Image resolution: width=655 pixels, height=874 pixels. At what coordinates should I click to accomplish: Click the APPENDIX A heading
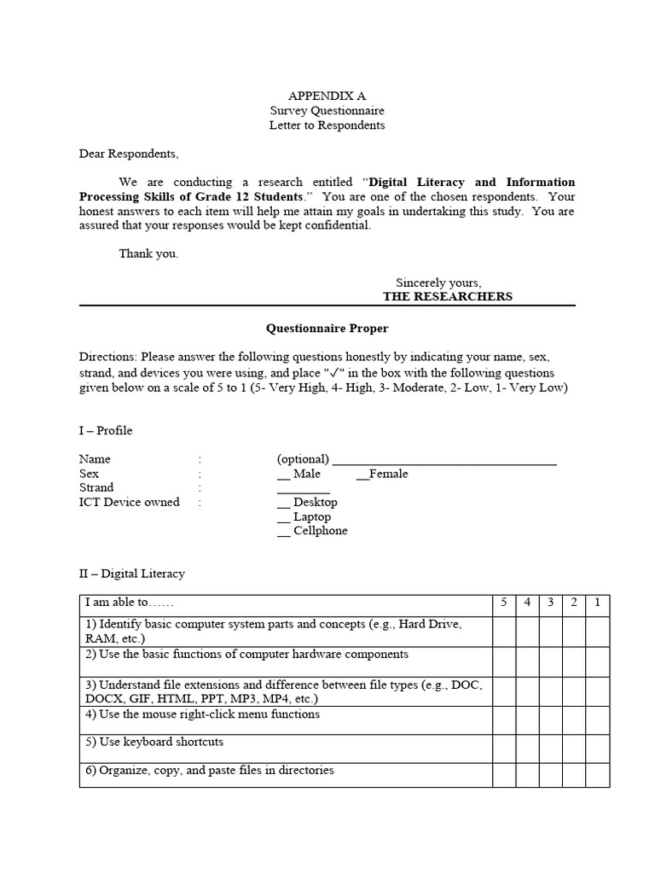click(x=327, y=96)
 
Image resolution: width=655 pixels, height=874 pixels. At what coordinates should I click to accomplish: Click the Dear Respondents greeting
click(x=130, y=154)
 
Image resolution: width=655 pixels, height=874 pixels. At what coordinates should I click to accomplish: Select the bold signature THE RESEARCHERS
click(x=447, y=296)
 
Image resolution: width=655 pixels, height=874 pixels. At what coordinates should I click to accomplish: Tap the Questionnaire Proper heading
click(x=327, y=328)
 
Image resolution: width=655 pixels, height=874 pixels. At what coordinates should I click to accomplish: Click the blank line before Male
click(x=283, y=475)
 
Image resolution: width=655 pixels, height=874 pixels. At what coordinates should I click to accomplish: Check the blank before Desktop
click(x=283, y=504)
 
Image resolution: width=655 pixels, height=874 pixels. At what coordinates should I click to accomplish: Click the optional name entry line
click(x=443, y=460)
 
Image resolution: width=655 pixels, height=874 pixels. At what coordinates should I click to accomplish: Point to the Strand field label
click(x=96, y=487)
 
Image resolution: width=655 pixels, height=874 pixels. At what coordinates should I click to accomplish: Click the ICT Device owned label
click(x=129, y=502)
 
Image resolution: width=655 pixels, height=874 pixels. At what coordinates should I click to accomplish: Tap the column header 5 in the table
click(x=504, y=603)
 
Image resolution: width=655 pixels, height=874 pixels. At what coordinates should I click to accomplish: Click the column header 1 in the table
click(x=597, y=603)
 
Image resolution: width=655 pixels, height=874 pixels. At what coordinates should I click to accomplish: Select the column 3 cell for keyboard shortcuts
click(x=551, y=749)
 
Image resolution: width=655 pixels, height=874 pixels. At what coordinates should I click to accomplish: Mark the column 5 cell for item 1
click(x=504, y=632)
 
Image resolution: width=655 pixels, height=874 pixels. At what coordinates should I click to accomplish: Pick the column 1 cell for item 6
click(x=597, y=776)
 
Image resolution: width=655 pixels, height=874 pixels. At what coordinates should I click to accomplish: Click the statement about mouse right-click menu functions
click(x=209, y=714)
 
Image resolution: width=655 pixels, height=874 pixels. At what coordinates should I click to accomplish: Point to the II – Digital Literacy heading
click(x=131, y=574)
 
